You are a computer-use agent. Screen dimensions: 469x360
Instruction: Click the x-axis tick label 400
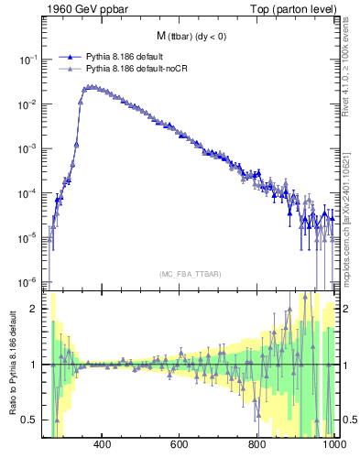coord(103,445)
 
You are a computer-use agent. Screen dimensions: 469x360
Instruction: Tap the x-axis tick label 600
coord(180,445)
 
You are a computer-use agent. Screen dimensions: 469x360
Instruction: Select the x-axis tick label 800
coord(257,445)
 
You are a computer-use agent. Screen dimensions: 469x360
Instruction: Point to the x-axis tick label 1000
coord(333,445)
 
